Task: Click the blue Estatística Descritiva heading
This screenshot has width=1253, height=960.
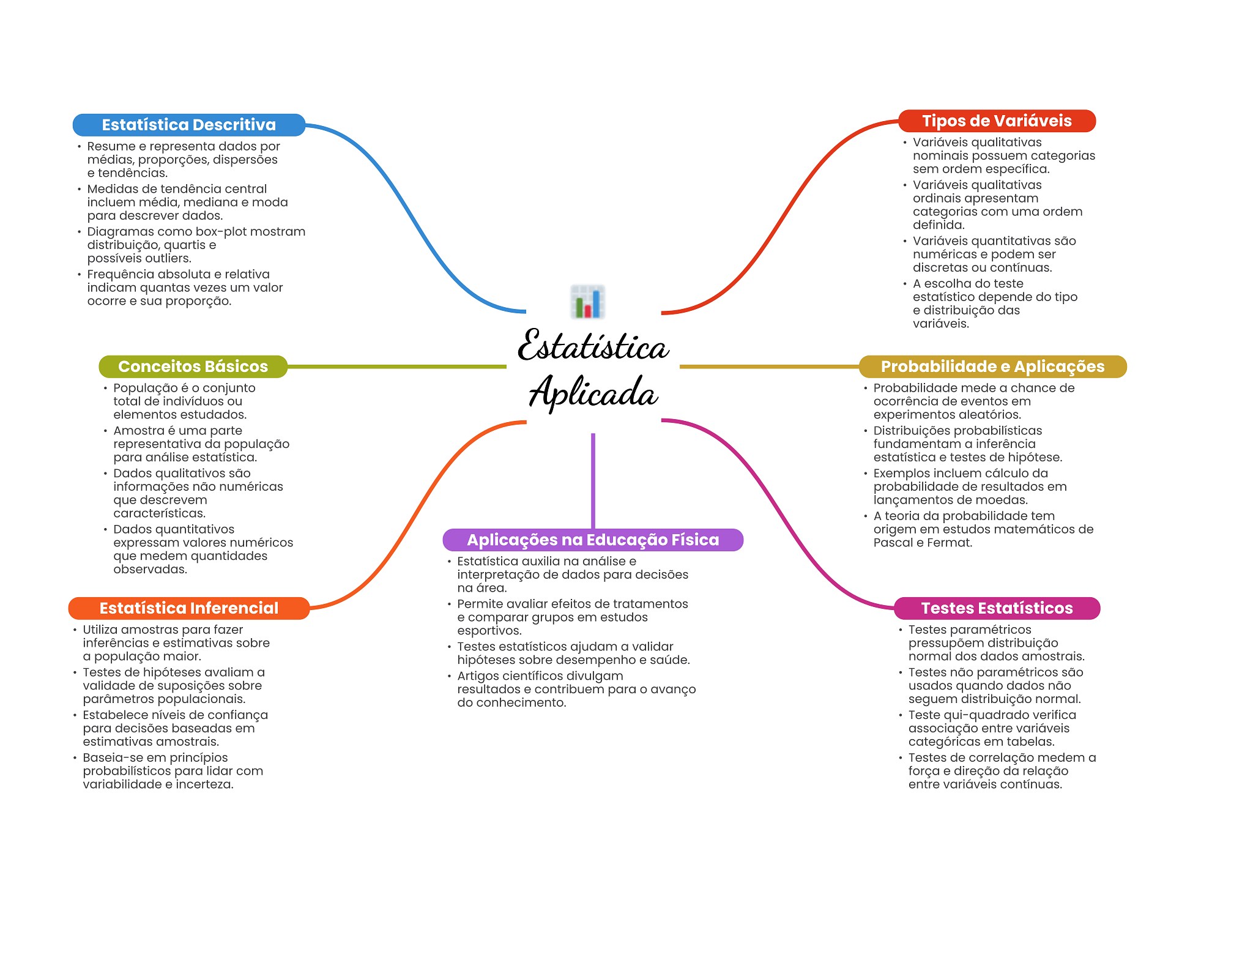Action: point(189,125)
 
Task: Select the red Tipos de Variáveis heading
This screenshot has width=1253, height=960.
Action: point(997,121)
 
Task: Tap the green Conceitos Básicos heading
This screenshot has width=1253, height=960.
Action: point(193,367)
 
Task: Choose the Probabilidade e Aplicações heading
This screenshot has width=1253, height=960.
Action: point(992,367)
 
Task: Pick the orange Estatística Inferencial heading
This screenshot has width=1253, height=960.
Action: point(189,608)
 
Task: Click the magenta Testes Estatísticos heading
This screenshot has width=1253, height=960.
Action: point(997,608)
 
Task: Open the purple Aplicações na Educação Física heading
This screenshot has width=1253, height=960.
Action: point(593,540)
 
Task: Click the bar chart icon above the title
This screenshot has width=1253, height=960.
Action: point(588,302)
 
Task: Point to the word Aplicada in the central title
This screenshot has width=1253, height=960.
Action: point(593,392)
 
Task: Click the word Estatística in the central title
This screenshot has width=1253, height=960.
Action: point(593,345)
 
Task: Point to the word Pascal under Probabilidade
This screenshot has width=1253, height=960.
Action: point(892,543)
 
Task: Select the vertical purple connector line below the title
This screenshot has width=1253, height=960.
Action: point(593,481)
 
